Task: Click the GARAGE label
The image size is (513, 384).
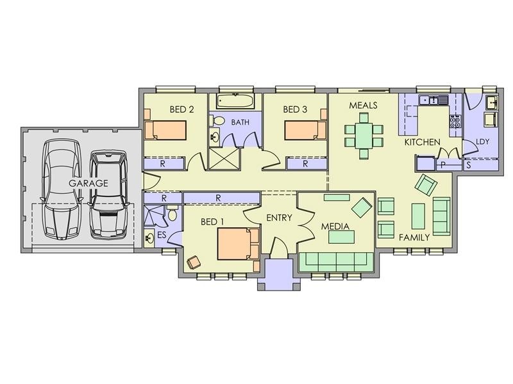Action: point(88,183)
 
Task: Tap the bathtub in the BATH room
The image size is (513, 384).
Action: point(235,101)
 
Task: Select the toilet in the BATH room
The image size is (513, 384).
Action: point(217,121)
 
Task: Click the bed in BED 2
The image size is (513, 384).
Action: point(165,131)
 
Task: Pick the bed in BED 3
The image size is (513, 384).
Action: point(306,131)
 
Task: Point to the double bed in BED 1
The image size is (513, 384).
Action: point(238,244)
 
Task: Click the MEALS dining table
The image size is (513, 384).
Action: point(364,136)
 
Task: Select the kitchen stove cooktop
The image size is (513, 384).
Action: point(455,122)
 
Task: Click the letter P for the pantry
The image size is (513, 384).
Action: point(443,165)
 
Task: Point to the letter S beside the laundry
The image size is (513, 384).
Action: point(469,165)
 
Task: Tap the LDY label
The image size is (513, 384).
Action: point(483,141)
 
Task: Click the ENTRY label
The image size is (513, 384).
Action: point(279,218)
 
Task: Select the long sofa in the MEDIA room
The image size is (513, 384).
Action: point(336,262)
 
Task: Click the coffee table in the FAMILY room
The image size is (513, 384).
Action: point(418,216)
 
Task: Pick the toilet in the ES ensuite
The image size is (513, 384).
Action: point(172,213)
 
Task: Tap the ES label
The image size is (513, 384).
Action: point(162,235)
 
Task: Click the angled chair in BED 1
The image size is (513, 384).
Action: point(194,262)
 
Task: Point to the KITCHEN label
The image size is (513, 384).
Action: point(423,142)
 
